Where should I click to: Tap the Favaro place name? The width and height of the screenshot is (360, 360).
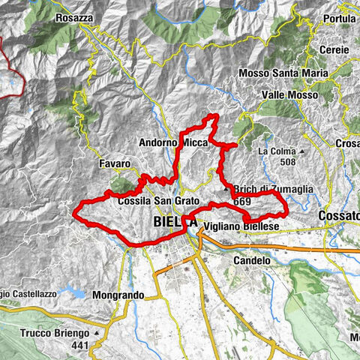click(114, 163)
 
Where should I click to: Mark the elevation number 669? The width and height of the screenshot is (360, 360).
click(241, 201)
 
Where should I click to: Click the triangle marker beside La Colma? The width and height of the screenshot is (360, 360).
click(298, 151)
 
